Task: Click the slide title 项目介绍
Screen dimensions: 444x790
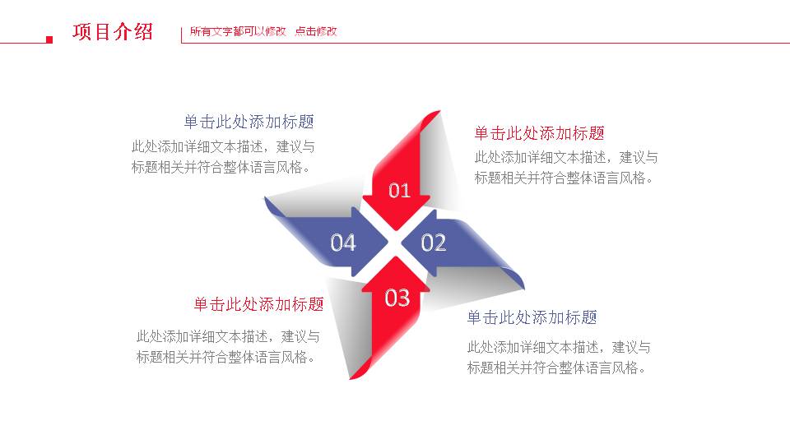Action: pos(113,32)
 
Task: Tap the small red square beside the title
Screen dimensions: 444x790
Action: pos(49,39)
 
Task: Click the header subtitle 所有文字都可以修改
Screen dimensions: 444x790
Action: pos(238,32)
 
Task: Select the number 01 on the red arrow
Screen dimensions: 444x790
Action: pos(399,191)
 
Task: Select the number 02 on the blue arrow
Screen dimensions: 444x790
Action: pos(434,243)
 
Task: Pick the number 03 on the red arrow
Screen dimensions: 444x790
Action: pos(397,297)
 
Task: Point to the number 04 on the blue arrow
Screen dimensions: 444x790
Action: pos(343,243)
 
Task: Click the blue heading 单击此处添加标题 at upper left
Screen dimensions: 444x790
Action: pos(249,122)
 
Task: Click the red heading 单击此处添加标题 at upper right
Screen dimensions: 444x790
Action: pos(539,133)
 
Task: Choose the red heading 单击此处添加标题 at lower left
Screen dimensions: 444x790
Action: pos(258,304)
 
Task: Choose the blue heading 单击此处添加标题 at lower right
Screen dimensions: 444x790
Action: pos(532,317)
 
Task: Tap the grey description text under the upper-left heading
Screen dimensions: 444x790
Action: pos(222,157)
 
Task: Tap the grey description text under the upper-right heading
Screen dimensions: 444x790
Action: pos(565,167)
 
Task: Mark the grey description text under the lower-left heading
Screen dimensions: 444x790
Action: pos(228,346)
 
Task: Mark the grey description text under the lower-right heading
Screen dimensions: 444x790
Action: pos(559,358)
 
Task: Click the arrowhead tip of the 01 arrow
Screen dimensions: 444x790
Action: pos(399,227)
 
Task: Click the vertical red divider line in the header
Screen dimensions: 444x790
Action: pos(181,34)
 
